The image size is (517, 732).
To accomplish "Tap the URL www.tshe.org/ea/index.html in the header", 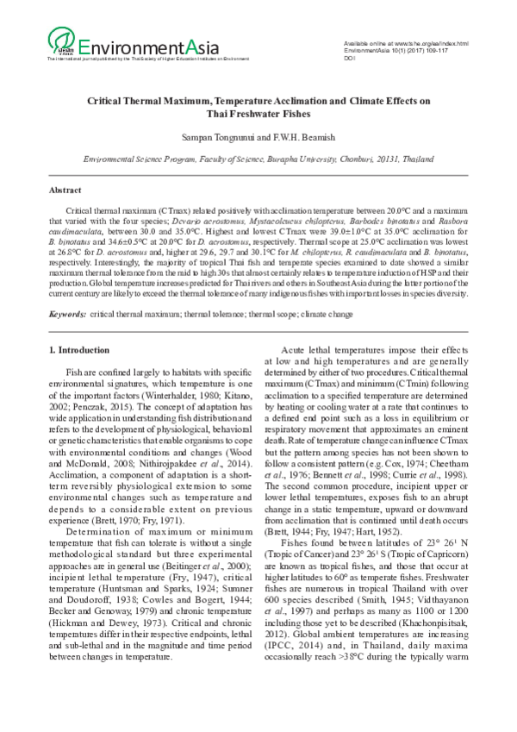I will point(430,43).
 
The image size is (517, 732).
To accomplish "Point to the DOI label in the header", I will point(349,59).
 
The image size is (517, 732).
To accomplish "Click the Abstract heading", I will point(65,189).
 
